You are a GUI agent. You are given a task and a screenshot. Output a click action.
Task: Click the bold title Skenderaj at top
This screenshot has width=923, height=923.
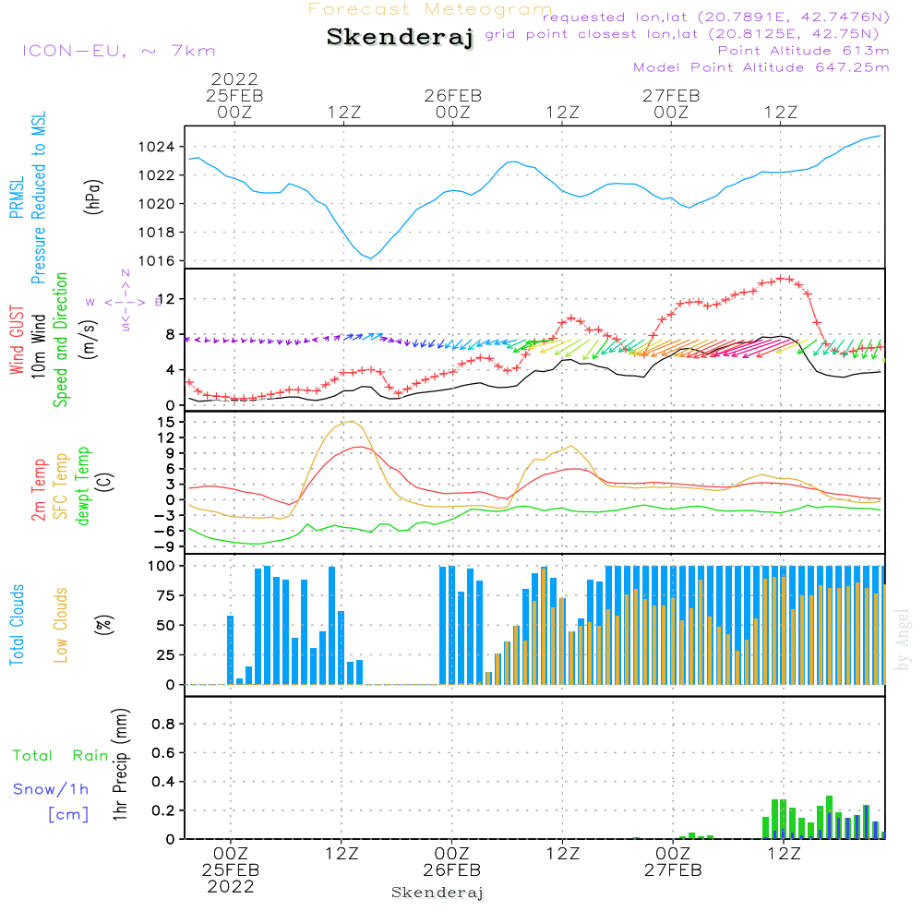tap(400, 38)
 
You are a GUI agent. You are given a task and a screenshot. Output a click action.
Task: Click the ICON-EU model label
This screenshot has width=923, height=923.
tap(117, 51)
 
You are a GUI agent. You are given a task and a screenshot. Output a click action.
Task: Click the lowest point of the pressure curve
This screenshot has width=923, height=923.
tap(371, 258)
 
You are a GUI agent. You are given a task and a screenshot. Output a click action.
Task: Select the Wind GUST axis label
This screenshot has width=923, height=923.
tap(18, 342)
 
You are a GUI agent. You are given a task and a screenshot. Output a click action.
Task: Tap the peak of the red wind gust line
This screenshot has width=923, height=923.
tap(785, 277)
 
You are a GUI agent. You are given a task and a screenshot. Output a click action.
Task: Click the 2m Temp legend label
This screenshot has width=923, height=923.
tap(40, 487)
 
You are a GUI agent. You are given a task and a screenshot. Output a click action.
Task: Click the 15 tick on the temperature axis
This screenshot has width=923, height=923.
tap(166, 422)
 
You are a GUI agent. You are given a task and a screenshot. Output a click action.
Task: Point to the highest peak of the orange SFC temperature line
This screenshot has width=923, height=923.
tap(351, 422)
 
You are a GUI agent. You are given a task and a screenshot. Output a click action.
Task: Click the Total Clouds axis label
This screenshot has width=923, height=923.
tap(18, 625)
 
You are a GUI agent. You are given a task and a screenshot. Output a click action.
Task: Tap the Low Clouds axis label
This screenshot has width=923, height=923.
tap(62, 626)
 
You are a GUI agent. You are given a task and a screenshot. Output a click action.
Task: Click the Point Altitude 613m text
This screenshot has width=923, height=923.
tap(803, 51)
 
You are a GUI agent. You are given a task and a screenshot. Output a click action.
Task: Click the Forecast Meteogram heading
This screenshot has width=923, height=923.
tap(430, 9)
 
